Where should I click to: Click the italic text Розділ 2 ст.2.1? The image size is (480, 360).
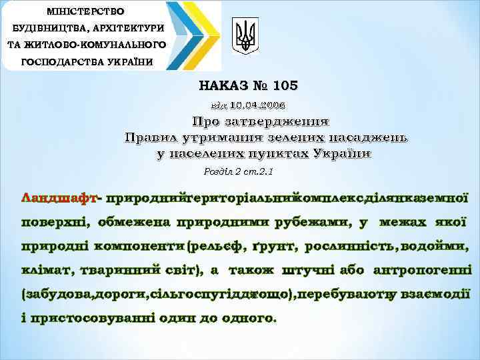[x=239, y=172]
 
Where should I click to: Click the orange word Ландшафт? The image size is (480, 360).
[x=59, y=198]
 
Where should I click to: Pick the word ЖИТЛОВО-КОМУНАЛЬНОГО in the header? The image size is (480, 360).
[x=86, y=45]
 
